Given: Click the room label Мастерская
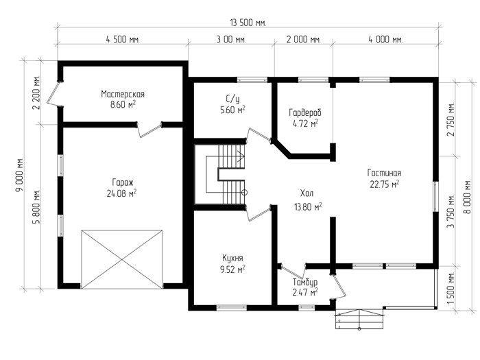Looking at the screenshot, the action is pos(123,94).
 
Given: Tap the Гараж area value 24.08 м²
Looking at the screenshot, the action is pos(121,194).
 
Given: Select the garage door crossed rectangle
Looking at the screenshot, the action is pos(122,260).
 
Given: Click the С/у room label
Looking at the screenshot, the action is pos(232,99).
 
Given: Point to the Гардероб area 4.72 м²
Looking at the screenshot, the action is pos(305,123).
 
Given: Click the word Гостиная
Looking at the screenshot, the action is pos(384,173).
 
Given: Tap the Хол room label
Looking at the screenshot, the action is pos(307,193).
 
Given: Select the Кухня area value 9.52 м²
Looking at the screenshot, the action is pos(232,269).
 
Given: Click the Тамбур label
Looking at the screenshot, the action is pos(305,282).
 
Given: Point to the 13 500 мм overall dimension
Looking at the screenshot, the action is pos(248,23).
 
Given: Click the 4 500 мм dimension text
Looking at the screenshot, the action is pos(123,40).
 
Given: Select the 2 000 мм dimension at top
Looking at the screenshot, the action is pos(303,40).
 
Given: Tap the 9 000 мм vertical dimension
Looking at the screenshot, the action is pos(20,175).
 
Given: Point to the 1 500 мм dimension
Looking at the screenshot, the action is pos(450,288).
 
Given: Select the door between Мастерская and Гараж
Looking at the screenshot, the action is pos(149,129).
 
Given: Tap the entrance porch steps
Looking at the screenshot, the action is pos(359,320).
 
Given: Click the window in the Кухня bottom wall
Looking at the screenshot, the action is pos(232,307).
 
